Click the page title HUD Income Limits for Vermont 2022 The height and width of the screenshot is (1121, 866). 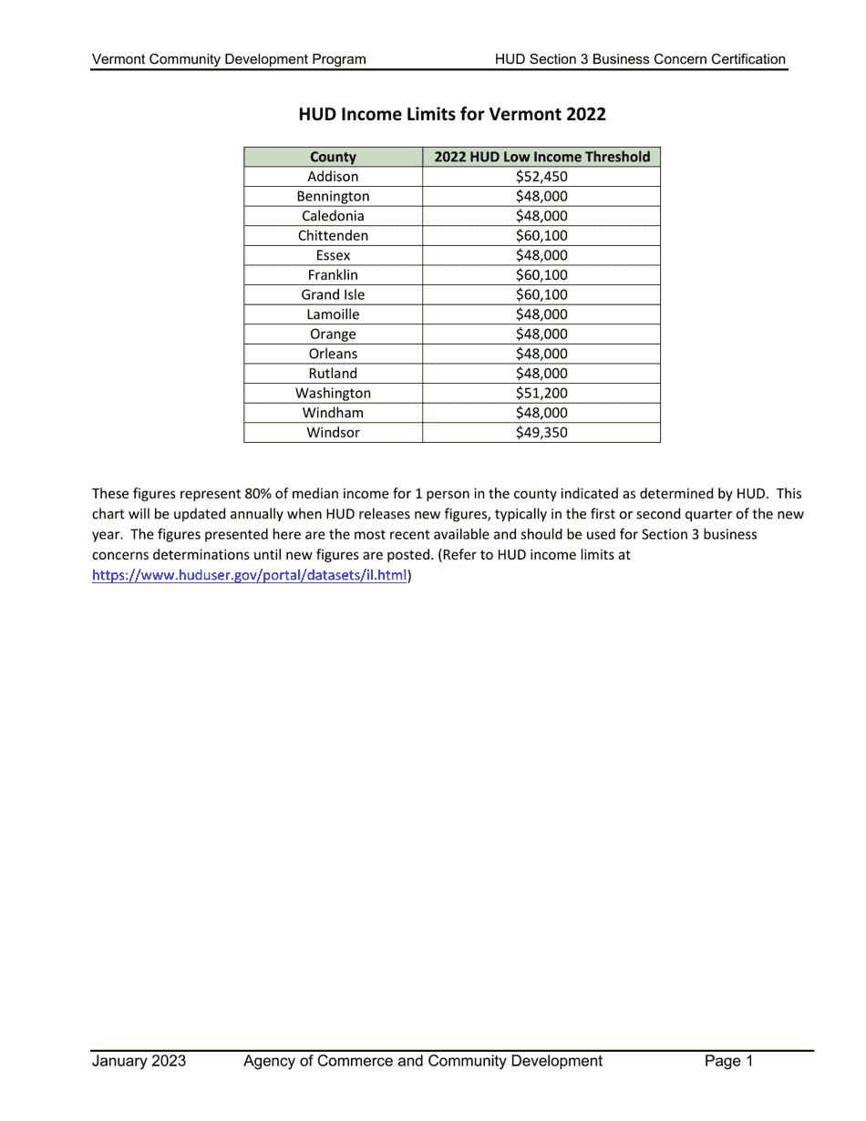coord(452,115)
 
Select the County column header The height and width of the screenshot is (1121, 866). coord(333,157)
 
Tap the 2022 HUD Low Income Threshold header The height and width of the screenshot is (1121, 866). coord(541,157)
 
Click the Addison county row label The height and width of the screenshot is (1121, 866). coord(333,177)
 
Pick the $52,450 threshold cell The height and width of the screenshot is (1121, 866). coord(541,177)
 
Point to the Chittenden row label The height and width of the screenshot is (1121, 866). coord(333,236)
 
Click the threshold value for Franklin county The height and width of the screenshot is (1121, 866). coord(541,275)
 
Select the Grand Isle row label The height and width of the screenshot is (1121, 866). coord(333,295)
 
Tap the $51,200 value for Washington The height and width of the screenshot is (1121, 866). coord(541,394)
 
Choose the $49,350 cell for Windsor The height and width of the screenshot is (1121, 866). coord(541,433)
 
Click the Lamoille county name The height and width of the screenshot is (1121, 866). coord(333,314)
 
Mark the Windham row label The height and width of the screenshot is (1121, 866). coord(333,413)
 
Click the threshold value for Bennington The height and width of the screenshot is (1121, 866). coord(541,197)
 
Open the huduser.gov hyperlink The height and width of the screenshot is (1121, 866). coord(250,575)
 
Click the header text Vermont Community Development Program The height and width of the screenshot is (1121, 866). coord(229,59)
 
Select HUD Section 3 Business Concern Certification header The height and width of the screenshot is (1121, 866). coord(640,59)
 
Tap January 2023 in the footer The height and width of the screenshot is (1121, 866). coord(139,1061)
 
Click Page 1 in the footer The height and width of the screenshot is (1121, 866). coord(728,1061)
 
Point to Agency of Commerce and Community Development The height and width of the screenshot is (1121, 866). coord(423,1061)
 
